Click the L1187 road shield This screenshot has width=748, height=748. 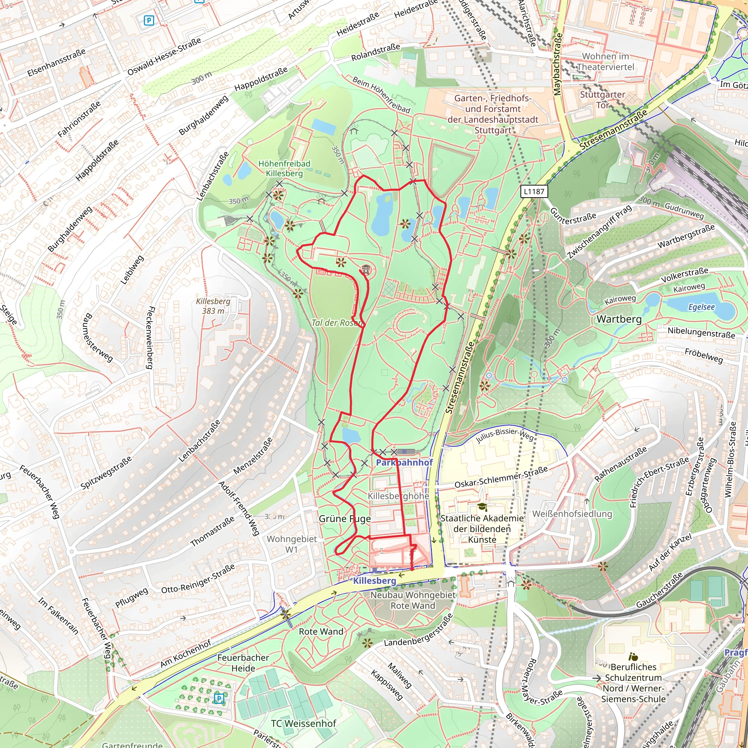(534, 191)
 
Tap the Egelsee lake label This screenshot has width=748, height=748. (701, 307)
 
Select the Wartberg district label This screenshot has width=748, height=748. (619, 319)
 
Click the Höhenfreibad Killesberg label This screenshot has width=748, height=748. (284, 168)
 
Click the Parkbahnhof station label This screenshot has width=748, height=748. (404, 462)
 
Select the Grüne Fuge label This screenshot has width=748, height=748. (344, 519)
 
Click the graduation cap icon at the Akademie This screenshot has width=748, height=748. (482, 507)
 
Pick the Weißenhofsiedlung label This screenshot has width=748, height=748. (572, 514)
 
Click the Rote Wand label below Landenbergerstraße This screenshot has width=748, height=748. (321, 631)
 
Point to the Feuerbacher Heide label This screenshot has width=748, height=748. (243, 663)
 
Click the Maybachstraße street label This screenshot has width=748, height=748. (557, 64)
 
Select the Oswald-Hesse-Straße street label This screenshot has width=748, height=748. (165, 57)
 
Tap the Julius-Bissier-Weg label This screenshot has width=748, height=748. (504, 435)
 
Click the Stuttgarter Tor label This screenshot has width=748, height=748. (602, 99)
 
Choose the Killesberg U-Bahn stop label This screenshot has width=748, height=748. (374, 581)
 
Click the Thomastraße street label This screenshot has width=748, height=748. (212, 531)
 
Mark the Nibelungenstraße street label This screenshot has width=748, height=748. (701, 333)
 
